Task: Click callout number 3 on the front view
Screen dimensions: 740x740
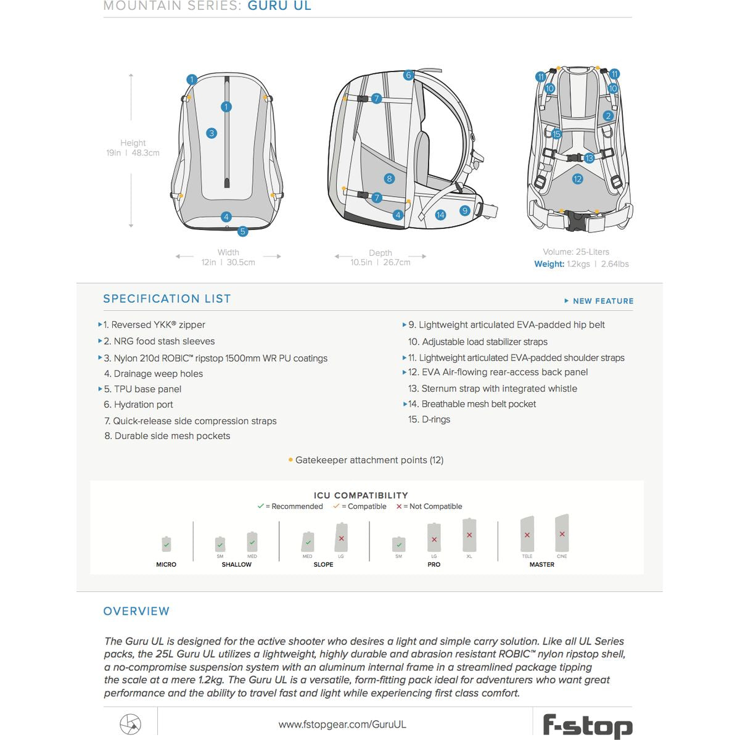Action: [212, 133]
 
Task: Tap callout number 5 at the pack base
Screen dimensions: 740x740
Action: [243, 231]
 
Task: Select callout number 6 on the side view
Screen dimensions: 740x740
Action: [408, 75]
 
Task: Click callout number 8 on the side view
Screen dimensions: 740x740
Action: [389, 179]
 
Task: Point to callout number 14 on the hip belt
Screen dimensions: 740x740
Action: [440, 215]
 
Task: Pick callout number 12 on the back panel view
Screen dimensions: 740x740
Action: [577, 179]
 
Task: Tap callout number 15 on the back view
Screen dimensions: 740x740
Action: [557, 134]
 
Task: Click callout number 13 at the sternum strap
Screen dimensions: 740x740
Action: [589, 158]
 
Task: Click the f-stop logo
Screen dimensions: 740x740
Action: [587, 725]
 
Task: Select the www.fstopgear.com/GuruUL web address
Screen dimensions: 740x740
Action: [342, 725]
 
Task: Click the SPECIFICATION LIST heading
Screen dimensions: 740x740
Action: [167, 299]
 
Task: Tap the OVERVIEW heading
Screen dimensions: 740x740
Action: [136, 611]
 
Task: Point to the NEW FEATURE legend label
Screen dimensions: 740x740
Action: [602, 301]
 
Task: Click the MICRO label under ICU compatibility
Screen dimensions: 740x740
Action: [166, 564]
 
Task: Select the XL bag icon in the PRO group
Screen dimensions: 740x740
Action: [469, 535]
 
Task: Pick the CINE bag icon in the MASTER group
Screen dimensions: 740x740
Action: [562, 533]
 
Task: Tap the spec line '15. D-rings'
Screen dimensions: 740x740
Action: [429, 419]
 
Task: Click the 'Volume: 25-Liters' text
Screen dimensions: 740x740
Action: [576, 252]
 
